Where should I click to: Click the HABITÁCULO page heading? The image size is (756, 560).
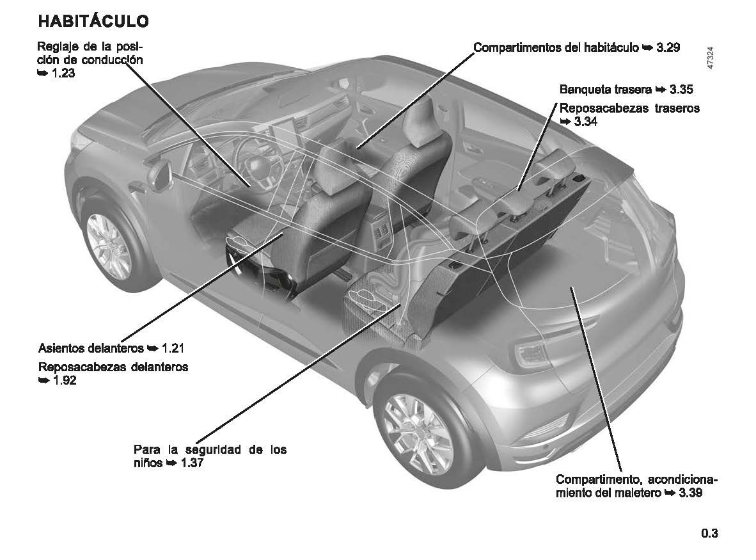click(x=93, y=21)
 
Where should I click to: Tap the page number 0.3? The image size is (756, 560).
click(x=709, y=533)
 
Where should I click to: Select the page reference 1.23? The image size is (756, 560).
click(x=65, y=74)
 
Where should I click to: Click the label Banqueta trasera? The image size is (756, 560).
click(x=605, y=90)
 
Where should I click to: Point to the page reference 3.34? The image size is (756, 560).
click(x=586, y=122)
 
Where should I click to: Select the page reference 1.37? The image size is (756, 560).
click(x=192, y=463)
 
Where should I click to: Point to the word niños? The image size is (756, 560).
click(x=148, y=463)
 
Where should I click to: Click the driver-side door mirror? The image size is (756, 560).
click(x=157, y=173)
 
